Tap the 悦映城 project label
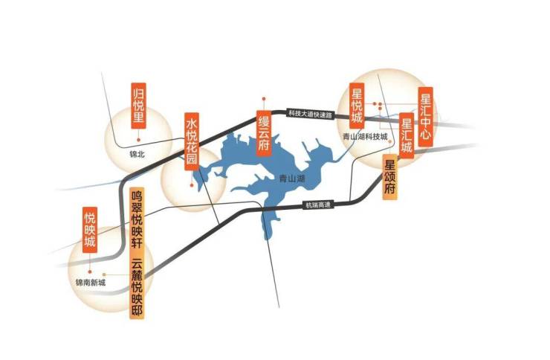(x=90, y=231)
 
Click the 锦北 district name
(x=137, y=155)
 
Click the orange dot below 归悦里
(x=138, y=138)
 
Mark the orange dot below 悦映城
(x=90, y=261)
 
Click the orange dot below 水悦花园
(x=192, y=184)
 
